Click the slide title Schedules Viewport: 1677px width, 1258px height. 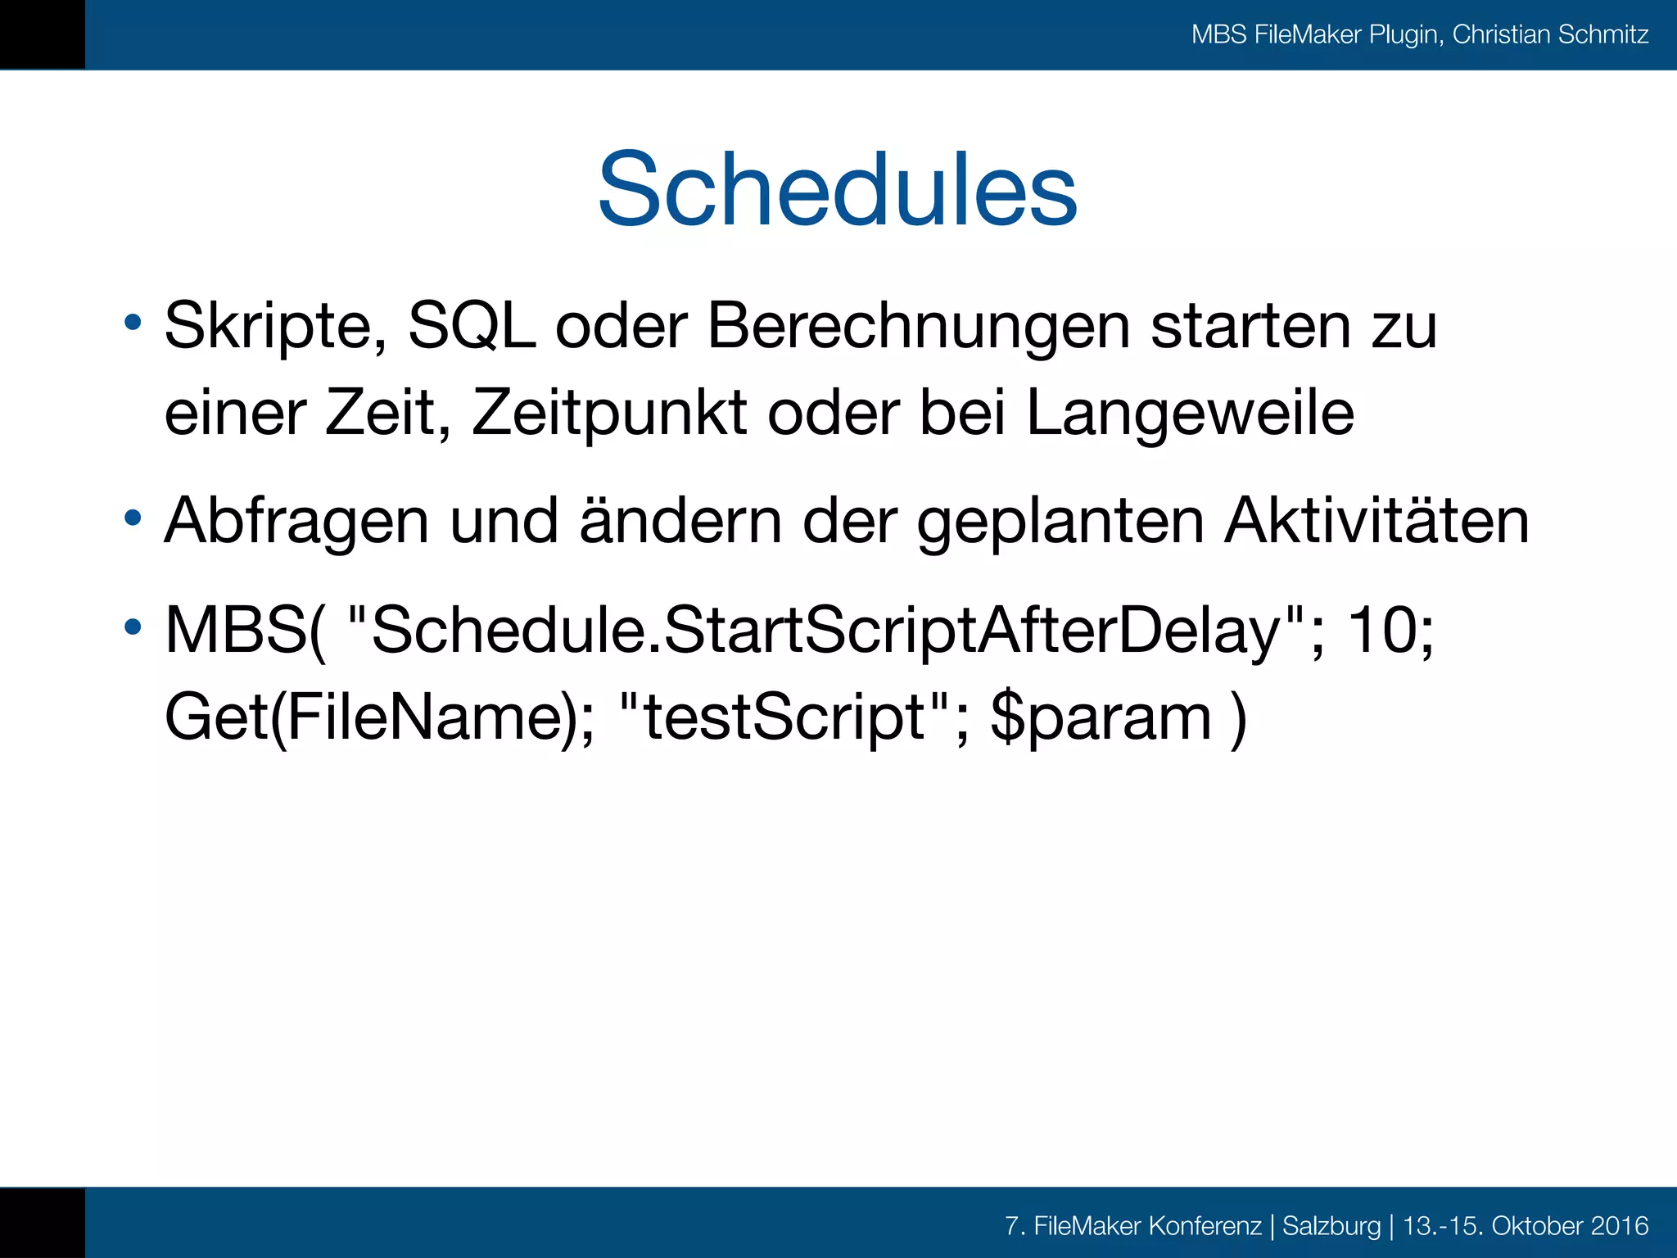(x=837, y=190)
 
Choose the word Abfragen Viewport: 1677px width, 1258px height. (x=296, y=522)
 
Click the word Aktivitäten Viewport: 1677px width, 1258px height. (x=1376, y=522)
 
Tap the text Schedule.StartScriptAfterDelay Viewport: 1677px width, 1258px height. (x=825, y=631)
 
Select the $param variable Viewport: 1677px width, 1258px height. (x=1101, y=717)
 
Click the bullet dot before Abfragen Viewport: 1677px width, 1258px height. (x=133, y=518)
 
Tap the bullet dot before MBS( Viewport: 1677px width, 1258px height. (x=133, y=628)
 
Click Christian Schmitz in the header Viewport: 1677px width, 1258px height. (x=1550, y=34)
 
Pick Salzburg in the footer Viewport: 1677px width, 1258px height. (x=1331, y=1226)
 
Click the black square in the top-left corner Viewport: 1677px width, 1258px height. (x=42, y=34)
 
